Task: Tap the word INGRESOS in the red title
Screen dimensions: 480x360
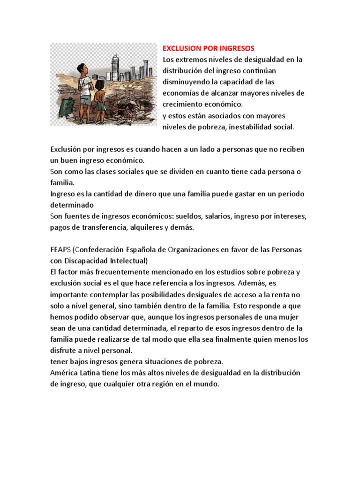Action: pos(237,48)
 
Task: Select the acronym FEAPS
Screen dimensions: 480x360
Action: pos(60,249)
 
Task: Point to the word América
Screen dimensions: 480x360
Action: pos(65,372)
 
